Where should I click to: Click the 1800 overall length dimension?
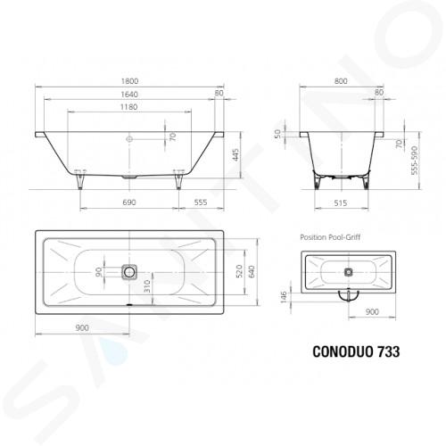129,81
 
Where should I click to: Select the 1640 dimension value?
129,95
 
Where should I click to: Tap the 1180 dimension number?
129,107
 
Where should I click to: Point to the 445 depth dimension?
235,155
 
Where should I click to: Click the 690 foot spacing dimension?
129,202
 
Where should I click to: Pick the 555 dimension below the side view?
201,202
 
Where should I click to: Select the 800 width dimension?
341,81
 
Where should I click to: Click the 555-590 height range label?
414,161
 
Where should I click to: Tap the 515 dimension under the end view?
341,203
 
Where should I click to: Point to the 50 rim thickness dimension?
277,134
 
